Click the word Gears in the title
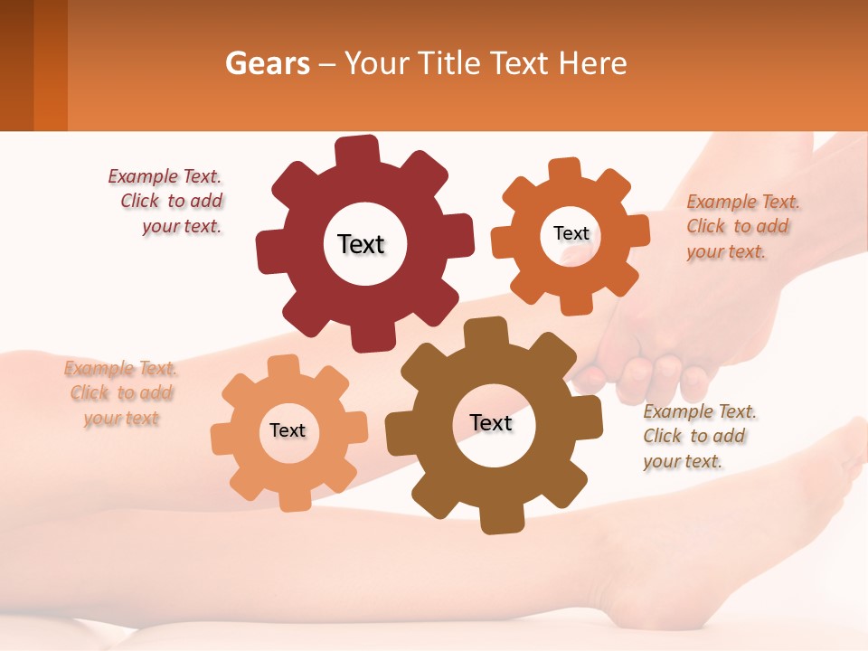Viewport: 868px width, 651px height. [x=263, y=64]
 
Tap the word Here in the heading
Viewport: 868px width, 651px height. [x=592, y=64]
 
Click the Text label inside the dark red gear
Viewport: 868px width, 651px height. [x=361, y=244]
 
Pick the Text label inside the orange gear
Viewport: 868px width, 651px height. [x=571, y=233]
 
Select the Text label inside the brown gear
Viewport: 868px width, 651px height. [x=491, y=422]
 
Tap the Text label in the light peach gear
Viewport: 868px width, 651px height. [x=288, y=430]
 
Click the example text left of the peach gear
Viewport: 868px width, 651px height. [x=121, y=393]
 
